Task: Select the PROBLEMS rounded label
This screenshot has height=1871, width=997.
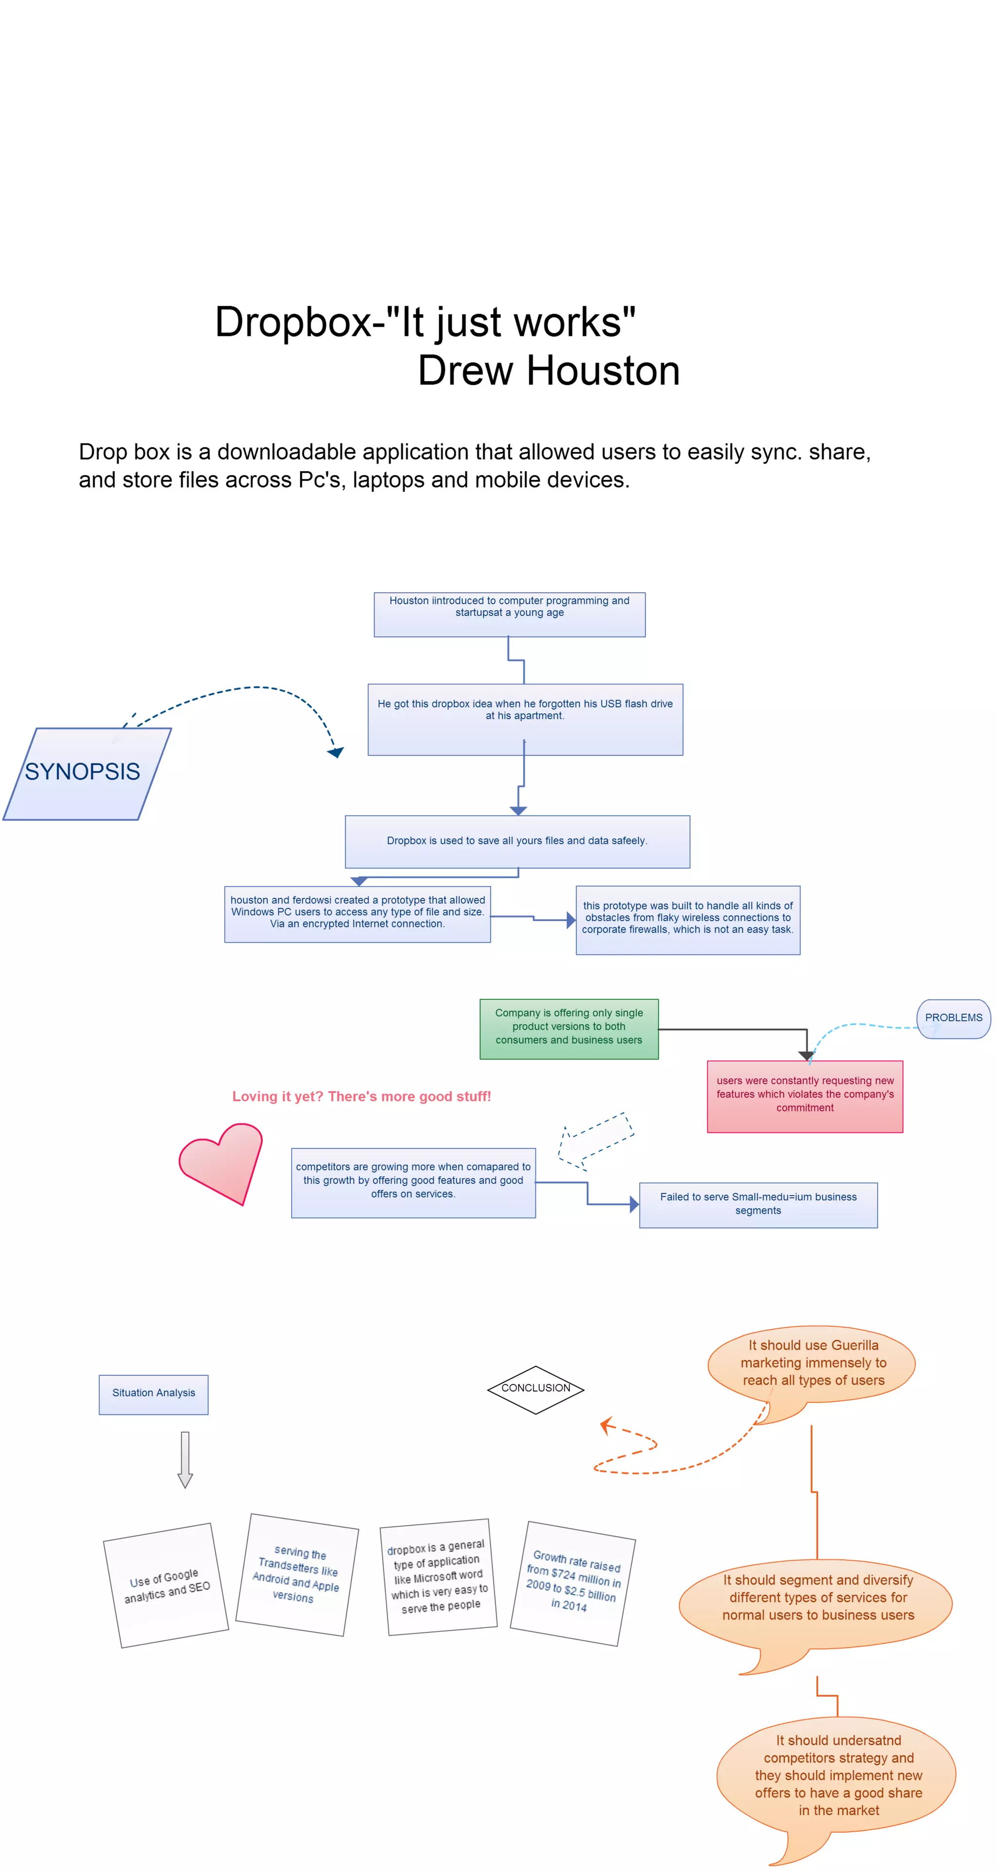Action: pyautogui.click(x=953, y=1019)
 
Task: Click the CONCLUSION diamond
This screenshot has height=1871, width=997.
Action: pyautogui.click(x=535, y=1389)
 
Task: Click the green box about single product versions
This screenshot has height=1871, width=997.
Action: pyautogui.click(x=569, y=1028)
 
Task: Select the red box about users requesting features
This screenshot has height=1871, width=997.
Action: pyautogui.click(x=805, y=1095)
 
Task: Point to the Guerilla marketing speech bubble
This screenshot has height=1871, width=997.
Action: pyautogui.click(x=812, y=1363)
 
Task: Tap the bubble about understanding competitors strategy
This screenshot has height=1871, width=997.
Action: pyautogui.click(x=837, y=1776)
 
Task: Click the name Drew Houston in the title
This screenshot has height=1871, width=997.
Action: pyautogui.click(x=548, y=371)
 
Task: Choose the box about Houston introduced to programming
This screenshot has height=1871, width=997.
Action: pyautogui.click(x=509, y=614)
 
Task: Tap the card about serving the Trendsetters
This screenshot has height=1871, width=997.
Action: pyautogui.click(x=297, y=1575)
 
